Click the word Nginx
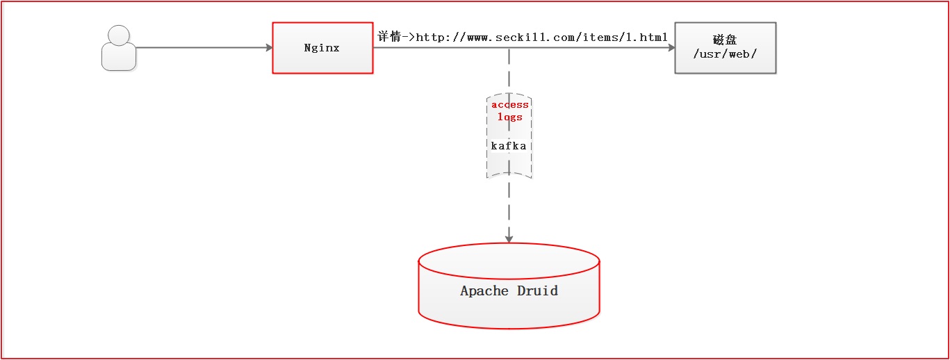[322, 48]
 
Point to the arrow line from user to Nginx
[202, 48]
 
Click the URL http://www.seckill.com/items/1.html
[542, 37]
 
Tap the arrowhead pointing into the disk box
[671, 48]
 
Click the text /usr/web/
[725, 54]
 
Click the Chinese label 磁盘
[725, 40]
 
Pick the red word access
[509, 105]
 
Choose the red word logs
[509, 117]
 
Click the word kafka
[509, 146]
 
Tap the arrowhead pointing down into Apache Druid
[509, 238]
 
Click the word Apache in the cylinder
[484, 291]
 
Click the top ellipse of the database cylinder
[509, 261]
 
